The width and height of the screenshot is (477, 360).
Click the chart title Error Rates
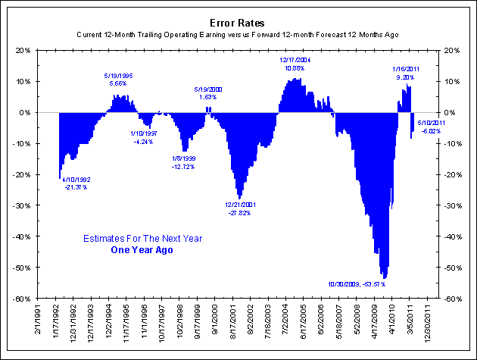pos(238,23)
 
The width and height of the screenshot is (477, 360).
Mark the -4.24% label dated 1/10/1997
pos(144,142)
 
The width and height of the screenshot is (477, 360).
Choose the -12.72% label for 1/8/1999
pos(186,166)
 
